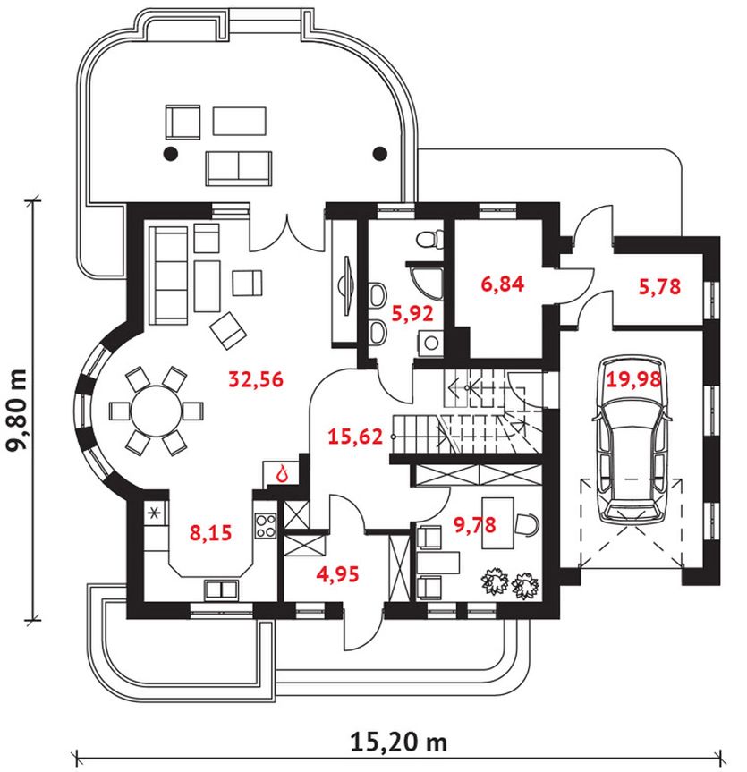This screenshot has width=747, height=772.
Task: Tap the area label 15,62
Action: coord(357,437)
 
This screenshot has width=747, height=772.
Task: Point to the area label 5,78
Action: coord(659,287)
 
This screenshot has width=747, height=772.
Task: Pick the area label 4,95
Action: coord(337,573)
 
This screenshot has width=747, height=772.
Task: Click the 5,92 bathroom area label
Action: coord(412,314)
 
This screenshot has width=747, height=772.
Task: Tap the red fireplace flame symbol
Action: coord(284,473)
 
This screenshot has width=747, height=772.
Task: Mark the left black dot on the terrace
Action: coord(169,153)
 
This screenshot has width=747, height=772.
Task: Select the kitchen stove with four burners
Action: coord(266,525)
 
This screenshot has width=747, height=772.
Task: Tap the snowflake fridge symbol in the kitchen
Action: coord(155,513)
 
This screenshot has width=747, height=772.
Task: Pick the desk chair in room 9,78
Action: coord(528,523)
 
